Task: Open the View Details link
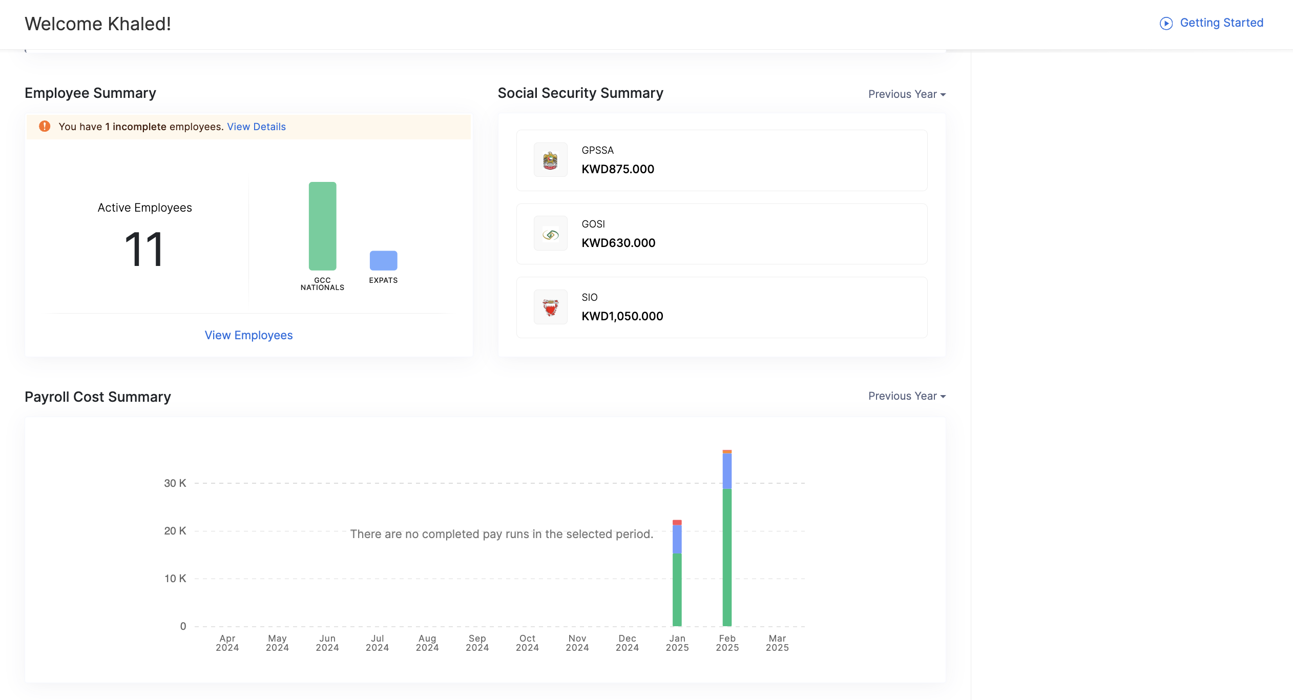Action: pos(256,127)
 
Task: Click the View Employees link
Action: pos(248,335)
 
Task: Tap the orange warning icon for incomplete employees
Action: pos(45,126)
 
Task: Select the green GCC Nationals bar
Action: pos(322,226)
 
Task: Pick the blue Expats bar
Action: pos(383,260)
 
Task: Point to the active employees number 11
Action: pos(144,250)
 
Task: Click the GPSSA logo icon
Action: pos(550,160)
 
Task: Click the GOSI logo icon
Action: pos(550,234)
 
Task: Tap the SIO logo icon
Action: pos(550,307)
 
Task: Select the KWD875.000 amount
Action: pos(618,169)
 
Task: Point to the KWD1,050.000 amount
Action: pos(622,316)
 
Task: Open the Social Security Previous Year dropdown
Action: pos(907,94)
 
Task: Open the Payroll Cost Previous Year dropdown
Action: pos(907,396)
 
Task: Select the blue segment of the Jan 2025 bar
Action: pos(677,539)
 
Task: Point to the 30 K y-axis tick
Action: pos(175,483)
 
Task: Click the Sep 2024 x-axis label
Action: pos(477,643)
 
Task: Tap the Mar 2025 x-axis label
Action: pos(777,643)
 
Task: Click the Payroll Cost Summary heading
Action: pos(98,397)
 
